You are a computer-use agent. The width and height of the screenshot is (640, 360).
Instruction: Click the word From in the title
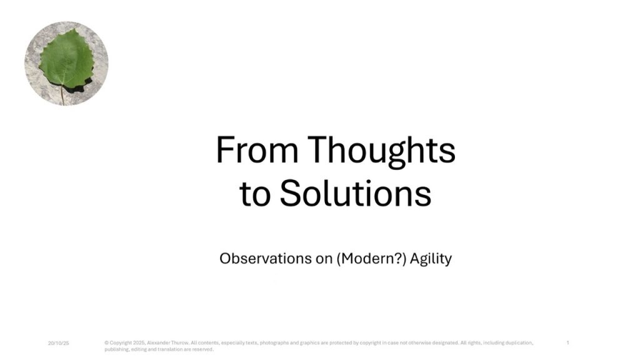257,150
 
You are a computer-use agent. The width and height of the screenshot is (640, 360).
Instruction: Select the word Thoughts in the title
381,151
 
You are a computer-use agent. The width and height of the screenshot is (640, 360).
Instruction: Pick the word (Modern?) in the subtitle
371,259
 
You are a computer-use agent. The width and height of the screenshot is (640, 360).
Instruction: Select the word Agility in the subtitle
431,259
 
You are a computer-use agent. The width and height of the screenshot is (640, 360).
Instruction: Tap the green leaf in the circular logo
66,59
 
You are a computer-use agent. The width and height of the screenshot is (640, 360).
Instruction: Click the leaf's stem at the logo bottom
62,95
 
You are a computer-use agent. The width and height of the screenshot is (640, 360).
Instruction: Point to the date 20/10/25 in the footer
58,343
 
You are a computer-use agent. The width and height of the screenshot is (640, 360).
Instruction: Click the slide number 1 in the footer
567,343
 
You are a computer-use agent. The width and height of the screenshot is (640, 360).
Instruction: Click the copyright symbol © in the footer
106,343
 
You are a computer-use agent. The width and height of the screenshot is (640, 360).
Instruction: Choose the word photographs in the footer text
274,343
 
